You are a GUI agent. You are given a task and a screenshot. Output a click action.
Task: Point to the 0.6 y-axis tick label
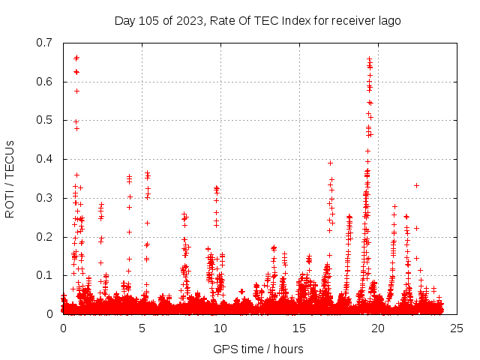pyautogui.click(x=45, y=81)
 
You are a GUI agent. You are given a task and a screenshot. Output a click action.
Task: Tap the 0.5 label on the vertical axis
pyautogui.click(x=45, y=120)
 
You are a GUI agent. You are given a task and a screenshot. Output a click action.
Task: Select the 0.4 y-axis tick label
pyautogui.click(x=45, y=159)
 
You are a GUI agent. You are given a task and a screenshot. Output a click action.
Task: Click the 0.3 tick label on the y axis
pyautogui.click(x=45, y=198)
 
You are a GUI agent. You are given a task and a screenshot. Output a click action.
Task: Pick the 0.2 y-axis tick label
pyautogui.click(x=45, y=237)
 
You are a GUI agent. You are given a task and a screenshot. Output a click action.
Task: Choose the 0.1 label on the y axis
pyautogui.click(x=45, y=276)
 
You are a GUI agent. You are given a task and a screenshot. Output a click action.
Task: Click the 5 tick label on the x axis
pyautogui.click(x=142, y=328)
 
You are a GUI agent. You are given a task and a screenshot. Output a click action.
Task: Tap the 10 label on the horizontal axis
pyautogui.click(x=220, y=328)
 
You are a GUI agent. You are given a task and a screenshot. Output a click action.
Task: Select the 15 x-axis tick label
pyautogui.click(x=299, y=328)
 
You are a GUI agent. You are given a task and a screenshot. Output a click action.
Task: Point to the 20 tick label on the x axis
pyautogui.click(x=378, y=328)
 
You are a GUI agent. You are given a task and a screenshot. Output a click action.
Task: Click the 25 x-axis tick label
pyautogui.click(x=457, y=328)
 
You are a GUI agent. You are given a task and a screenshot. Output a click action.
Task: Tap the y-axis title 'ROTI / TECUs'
pyautogui.click(x=10, y=178)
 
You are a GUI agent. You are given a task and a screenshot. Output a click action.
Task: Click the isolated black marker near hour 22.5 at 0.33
pyautogui.click(x=416, y=185)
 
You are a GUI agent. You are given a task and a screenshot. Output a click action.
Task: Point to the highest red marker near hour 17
pyautogui.click(x=330, y=163)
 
